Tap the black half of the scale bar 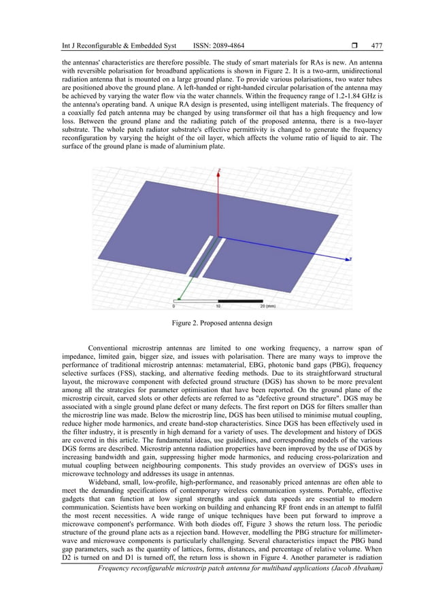point(240,300)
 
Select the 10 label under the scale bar point(218,306)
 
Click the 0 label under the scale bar point(173,306)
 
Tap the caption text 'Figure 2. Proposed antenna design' point(217,323)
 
